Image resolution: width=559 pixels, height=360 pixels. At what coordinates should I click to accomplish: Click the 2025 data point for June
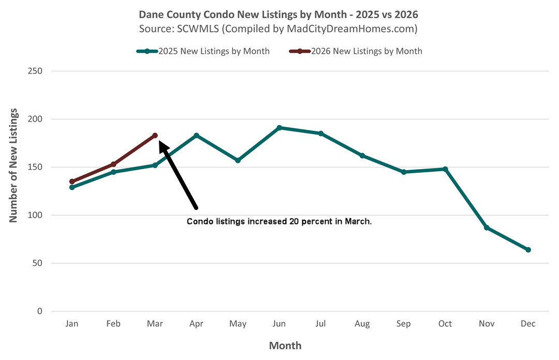pyautogui.click(x=279, y=127)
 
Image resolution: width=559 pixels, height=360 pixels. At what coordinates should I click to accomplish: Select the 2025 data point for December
pyautogui.click(x=528, y=250)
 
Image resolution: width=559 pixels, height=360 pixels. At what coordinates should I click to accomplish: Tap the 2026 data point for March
pyautogui.click(x=155, y=135)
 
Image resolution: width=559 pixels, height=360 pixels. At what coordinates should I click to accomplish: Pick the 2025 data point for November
pyautogui.click(x=487, y=228)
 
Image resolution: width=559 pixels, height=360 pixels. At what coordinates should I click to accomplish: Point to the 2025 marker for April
pyautogui.click(x=196, y=135)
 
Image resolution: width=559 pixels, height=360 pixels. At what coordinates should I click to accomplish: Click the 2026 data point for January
pyautogui.click(x=72, y=182)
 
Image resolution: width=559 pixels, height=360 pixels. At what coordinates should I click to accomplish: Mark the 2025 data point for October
pyautogui.click(x=445, y=169)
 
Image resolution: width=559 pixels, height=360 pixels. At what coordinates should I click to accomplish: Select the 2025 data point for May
pyautogui.click(x=238, y=160)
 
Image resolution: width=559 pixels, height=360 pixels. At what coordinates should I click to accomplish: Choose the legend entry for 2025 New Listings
pyautogui.click(x=208, y=51)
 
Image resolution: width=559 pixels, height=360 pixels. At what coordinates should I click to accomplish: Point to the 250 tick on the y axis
pyautogui.click(x=35, y=71)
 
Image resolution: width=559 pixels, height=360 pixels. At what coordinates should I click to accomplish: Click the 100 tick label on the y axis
pyautogui.click(x=35, y=215)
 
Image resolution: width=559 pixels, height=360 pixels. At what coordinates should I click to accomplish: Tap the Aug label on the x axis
pyautogui.click(x=362, y=324)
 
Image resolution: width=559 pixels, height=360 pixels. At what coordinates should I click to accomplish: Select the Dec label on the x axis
pyautogui.click(x=528, y=324)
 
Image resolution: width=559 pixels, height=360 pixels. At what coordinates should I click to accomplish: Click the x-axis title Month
pyautogui.click(x=285, y=345)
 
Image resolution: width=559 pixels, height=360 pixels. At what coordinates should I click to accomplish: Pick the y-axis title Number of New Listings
pyautogui.click(x=13, y=166)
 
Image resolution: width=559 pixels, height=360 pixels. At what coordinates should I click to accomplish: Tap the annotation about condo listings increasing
pyautogui.click(x=279, y=221)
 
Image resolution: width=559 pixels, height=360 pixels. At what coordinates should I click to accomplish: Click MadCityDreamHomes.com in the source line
pyautogui.click(x=351, y=29)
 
